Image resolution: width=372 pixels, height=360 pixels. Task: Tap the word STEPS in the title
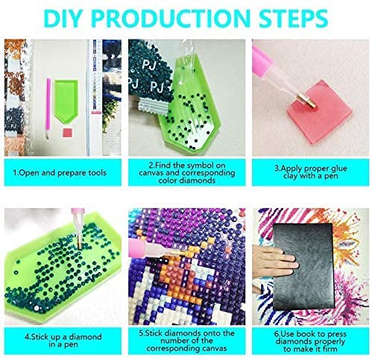pyautogui.click(x=293, y=19)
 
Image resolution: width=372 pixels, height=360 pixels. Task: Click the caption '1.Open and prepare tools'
pyautogui.click(x=60, y=173)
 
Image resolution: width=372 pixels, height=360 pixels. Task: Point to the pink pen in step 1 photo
pyautogui.click(x=48, y=108)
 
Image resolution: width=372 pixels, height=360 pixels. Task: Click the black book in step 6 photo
pyautogui.click(x=303, y=267)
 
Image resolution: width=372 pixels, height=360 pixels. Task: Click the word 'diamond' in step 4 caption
pyautogui.click(x=85, y=337)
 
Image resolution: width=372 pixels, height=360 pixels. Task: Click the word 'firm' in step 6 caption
pyautogui.click(x=330, y=349)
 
